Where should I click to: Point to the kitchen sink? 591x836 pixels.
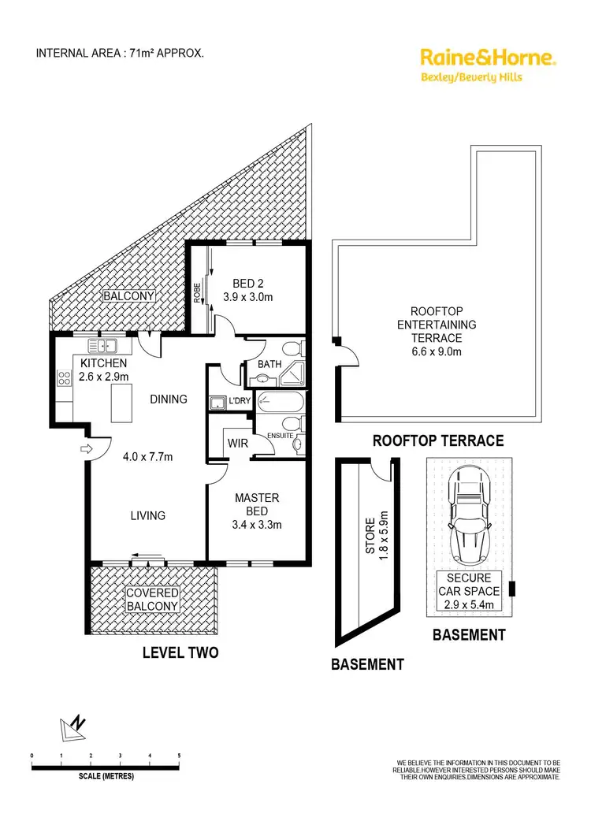(103, 345)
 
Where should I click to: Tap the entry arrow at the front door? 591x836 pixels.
(87, 449)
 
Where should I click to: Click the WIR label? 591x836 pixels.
(238, 444)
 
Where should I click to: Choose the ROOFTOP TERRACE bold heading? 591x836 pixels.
(437, 441)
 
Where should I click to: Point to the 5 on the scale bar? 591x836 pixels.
(179, 756)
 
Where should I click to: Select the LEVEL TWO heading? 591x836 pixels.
(180, 652)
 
